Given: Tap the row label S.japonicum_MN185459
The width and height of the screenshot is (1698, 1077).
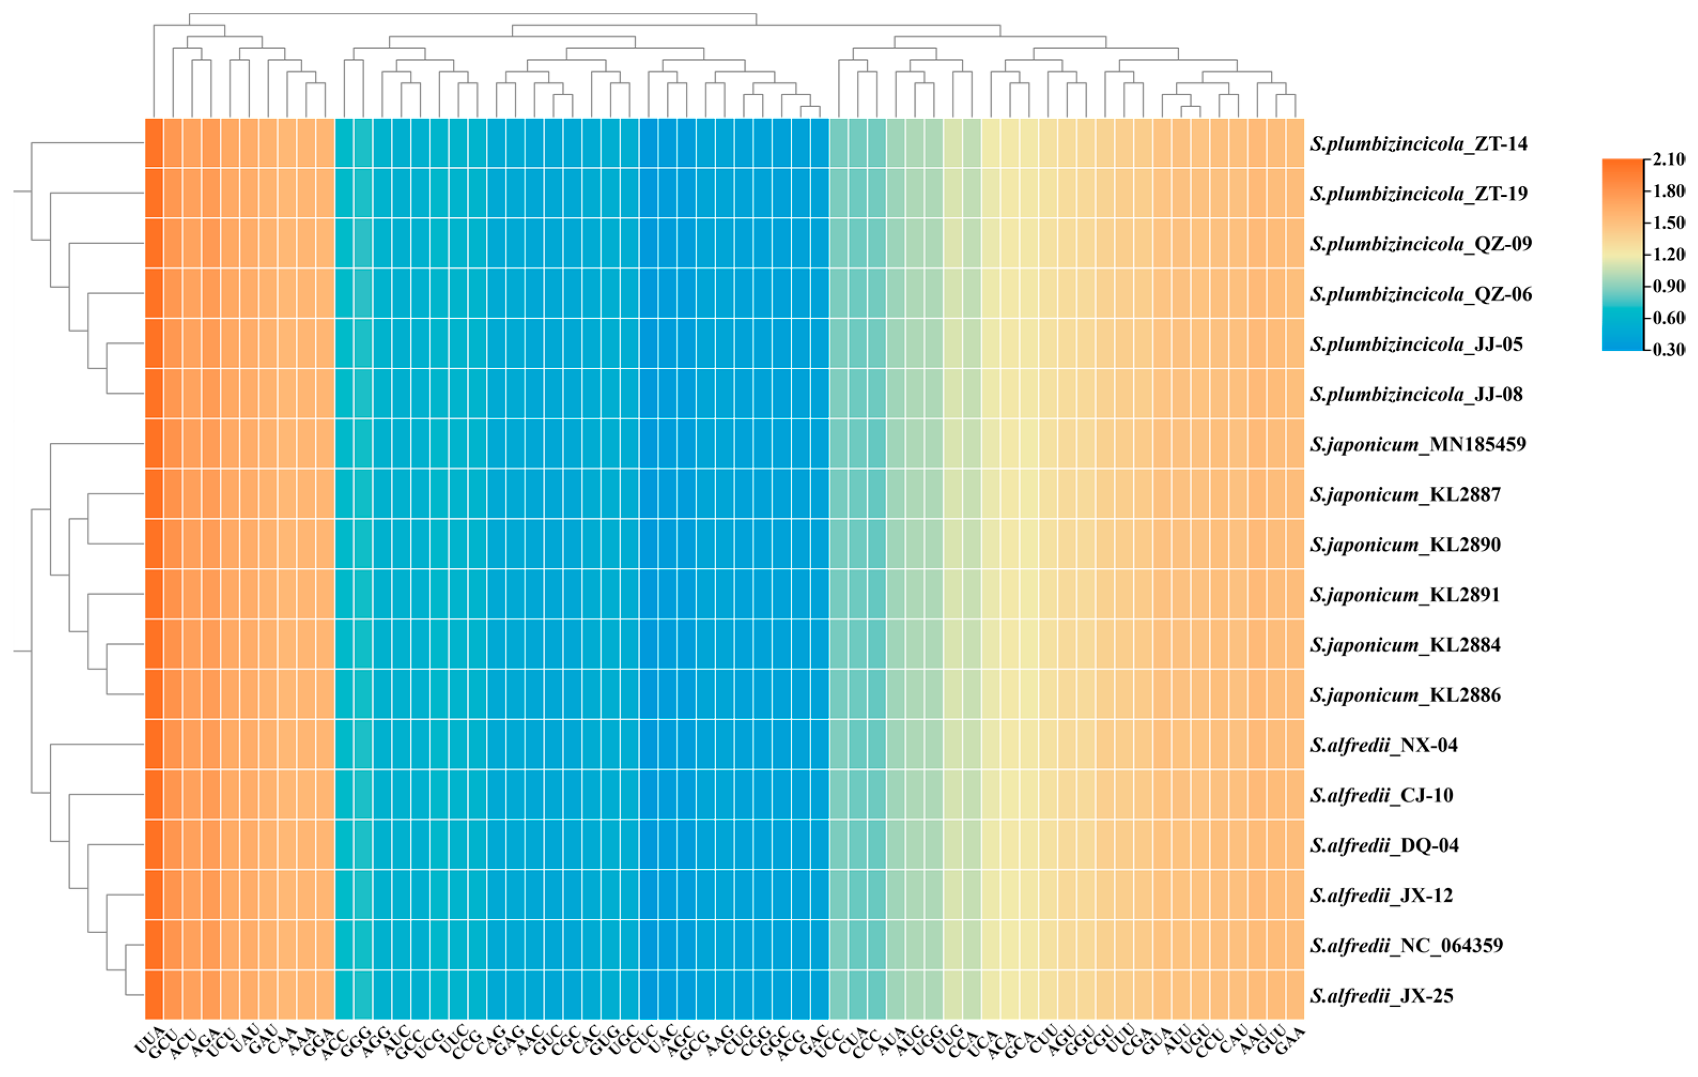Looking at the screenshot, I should pyautogui.click(x=1417, y=444).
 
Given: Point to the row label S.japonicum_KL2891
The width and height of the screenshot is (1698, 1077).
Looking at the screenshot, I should pyautogui.click(x=1404, y=595).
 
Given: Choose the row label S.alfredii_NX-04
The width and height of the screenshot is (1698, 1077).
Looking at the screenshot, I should pyautogui.click(x=1384, y=745).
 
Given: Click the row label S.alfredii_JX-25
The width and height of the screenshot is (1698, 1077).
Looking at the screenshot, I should pyautogui.click(x=1381, y=995).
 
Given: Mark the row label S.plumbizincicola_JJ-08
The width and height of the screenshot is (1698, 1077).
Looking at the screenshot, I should pyautogui.click(x=1416, y=394).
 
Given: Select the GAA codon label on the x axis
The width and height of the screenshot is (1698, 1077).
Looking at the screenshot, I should pyautogui.click(x=1291, y=1040).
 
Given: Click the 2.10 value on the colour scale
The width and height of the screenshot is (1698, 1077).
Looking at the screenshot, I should pyautogui.click(x=1669, y=159).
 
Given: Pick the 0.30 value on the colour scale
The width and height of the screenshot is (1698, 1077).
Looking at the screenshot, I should pyautogui.click(x=1669, y=350).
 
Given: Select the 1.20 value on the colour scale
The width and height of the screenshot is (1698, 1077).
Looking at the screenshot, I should pyautogui.click(x=1669, y=255).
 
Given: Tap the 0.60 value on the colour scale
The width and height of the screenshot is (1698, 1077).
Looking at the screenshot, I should pyautogui.click(x=1669, y=318).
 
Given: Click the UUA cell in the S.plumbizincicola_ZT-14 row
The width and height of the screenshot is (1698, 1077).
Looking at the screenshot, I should pyautogui.click(x=155, y=143).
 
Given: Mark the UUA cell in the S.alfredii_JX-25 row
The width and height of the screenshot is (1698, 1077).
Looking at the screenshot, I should pyautogui.click(x=155, y=995).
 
